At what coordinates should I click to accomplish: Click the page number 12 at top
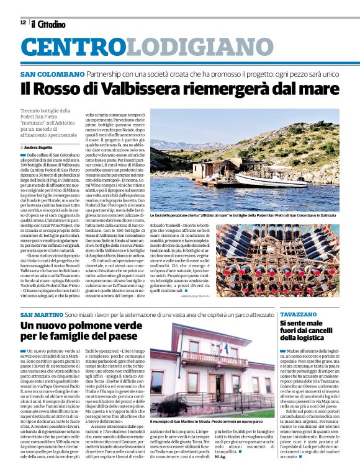pos(22,23)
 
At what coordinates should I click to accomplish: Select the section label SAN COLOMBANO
pos(52,74)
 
